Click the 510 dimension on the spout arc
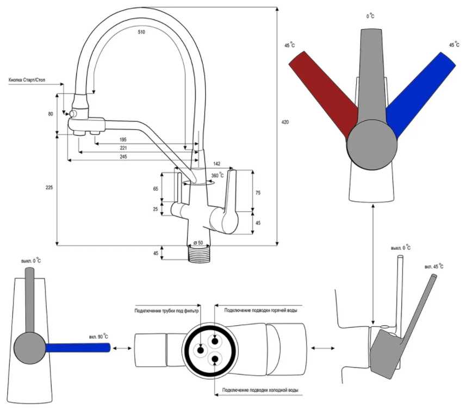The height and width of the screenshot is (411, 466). click(x=141, y=32)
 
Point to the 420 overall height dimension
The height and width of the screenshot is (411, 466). click(x=285, y=122)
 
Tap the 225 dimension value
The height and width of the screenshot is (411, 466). click(x=49, y=187)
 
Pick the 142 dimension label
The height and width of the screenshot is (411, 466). click(x=216, y=163)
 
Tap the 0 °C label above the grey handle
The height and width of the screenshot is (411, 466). click(x=371, y=16)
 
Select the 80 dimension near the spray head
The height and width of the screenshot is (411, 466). click(x=51, y=114)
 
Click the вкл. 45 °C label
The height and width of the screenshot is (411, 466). click(x=433, y=267)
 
